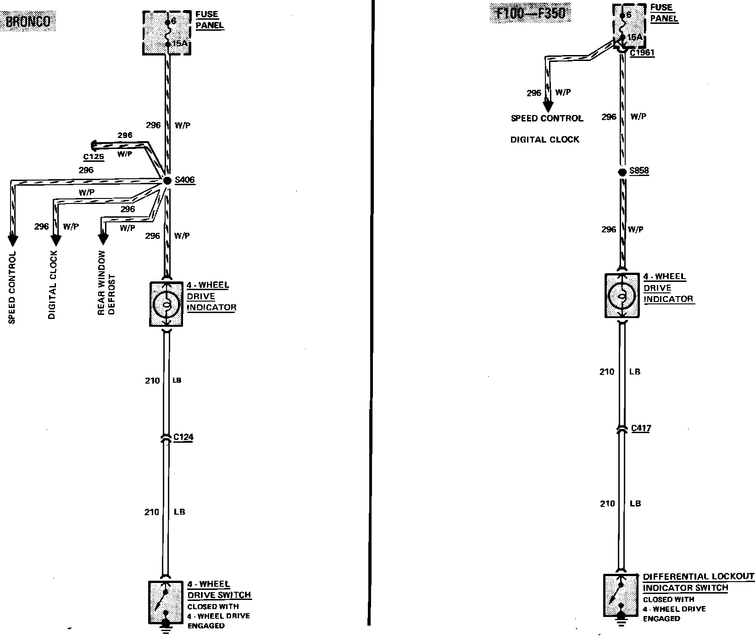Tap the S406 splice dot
click(x=167, y=181)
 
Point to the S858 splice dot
click(x=622, y=172)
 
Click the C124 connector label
click(x=183, y=437)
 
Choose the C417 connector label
click(x=641, y=429)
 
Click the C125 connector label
click(x=94, y=157)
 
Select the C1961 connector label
click(x=642, y=53)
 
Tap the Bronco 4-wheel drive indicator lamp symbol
click(x=166, y=304)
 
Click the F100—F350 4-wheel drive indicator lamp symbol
click(x=622, y=296)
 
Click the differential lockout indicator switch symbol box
click(x=621, y=594)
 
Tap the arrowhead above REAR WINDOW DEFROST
click(x=103, y=238)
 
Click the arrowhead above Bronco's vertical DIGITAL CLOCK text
click(x=56, y=240)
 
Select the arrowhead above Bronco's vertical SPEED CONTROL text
click(x=12, y=240)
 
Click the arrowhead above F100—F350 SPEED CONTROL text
click(x=547, y=106)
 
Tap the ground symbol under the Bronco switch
click(x=166, y=629)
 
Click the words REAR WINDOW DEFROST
click(x=106, y=283)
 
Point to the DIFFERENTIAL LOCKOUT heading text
click(x=698, y=577)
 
